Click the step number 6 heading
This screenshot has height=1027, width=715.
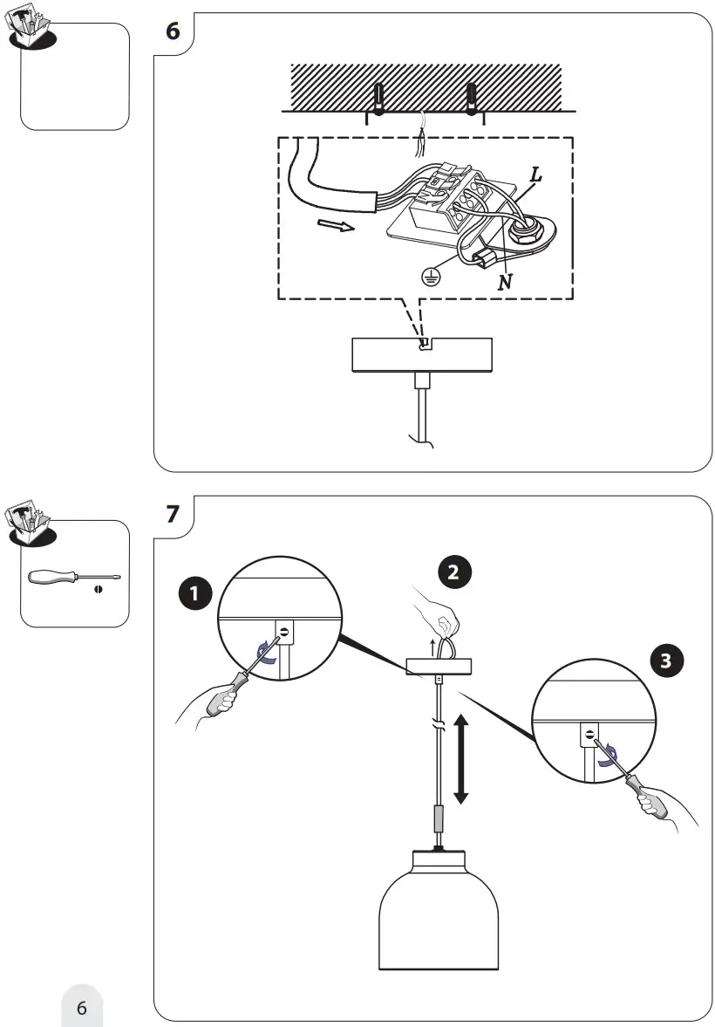coord(173,31)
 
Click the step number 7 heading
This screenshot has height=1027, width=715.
coord(173,513)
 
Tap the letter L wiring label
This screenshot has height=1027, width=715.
coord(535,175)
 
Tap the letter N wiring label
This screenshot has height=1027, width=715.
coord(505,283)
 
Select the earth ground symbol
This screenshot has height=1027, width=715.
coord(430,277)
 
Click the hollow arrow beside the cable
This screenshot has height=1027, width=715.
coord(336,226)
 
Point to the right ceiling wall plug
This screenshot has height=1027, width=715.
coord(472,99)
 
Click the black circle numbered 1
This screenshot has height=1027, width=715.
coord(194,594)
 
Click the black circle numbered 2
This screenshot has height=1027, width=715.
coord(453,572)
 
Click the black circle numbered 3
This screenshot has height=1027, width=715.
coord(666,661)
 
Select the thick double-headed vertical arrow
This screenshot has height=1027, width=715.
coord(461,759)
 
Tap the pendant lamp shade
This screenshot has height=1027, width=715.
coord(439,910)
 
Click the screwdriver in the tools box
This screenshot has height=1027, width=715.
coord(74,578)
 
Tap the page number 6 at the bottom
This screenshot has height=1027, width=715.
coord(82,1007)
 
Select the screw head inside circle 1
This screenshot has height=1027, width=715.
coord(285,632)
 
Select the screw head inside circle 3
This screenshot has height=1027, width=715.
coord(590,734)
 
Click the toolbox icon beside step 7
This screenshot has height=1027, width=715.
coord(29,524)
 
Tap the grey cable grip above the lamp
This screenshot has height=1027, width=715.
coord(439,818)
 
